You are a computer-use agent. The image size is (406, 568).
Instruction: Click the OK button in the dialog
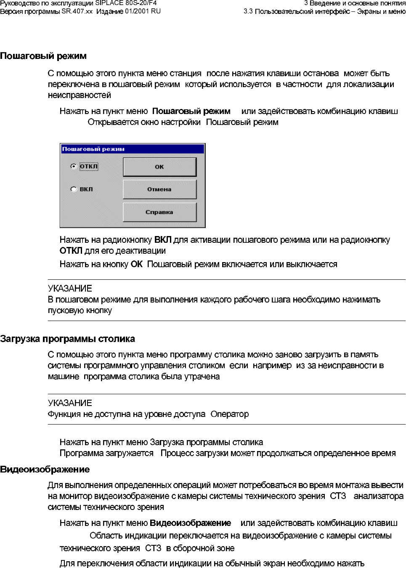coord(159,167)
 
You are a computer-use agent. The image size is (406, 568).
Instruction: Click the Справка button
coord(159,212)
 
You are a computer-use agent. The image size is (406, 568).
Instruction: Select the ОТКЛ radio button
coord(74,167)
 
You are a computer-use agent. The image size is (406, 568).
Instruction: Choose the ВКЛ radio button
coord(74,189)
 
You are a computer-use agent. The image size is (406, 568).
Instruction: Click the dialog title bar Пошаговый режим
coord(132,149)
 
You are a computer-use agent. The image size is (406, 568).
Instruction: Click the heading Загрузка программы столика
coord(67,339)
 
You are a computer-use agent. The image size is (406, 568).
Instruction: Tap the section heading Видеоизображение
coord(45,470)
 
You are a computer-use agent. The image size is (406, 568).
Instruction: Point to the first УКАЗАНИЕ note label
coord(70,289)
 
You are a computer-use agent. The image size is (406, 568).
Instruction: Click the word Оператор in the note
coord(230,414)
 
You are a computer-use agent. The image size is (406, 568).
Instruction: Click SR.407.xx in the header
coord(77,11)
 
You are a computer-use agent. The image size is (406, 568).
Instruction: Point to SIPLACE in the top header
coord(110,3)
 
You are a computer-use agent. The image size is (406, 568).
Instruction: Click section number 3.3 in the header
coord(248,11)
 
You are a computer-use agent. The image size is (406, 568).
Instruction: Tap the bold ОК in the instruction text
coord(137,265)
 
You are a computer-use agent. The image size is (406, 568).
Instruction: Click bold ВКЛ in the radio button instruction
coord(163,240)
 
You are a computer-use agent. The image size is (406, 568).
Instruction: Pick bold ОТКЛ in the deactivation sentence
coord(71,251)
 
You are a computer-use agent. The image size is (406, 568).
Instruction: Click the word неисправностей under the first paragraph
coord(80,96)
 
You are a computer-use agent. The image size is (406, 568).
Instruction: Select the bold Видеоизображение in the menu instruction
coord(191,523)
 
